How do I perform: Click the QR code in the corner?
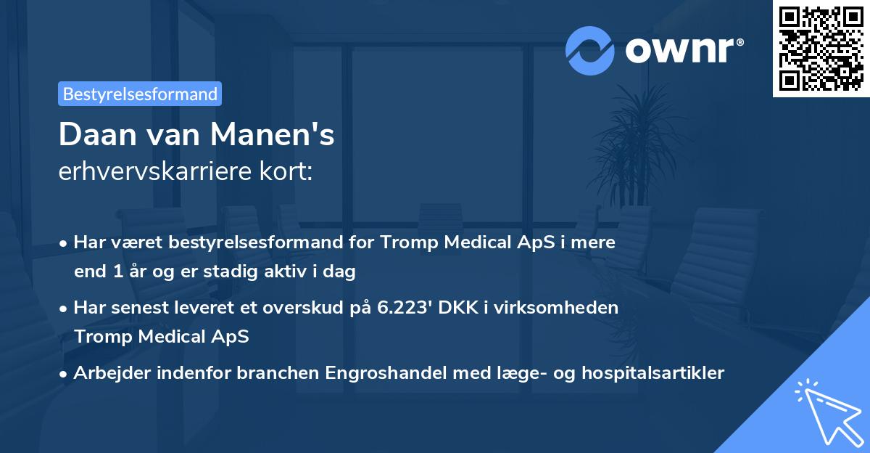pos(821,49)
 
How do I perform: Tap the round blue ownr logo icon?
pos(590,50)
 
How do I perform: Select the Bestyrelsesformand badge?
pos(140,94)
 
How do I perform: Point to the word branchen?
pos(276,373)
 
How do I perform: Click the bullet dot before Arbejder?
pos(65,374)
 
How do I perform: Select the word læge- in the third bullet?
pos(500,373)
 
